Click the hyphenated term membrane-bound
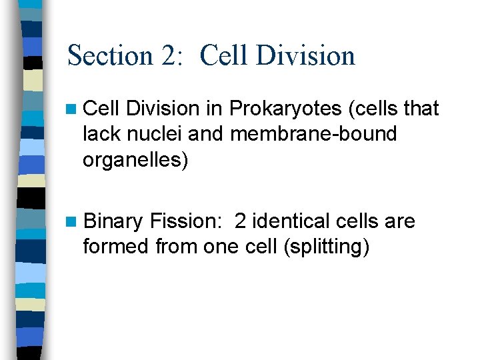tap(313, 134)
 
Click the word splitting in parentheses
tap(327, 247)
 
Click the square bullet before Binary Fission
tap(73, 221)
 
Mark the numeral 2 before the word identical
tap(241, 221)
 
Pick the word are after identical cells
tap(401, 221)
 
